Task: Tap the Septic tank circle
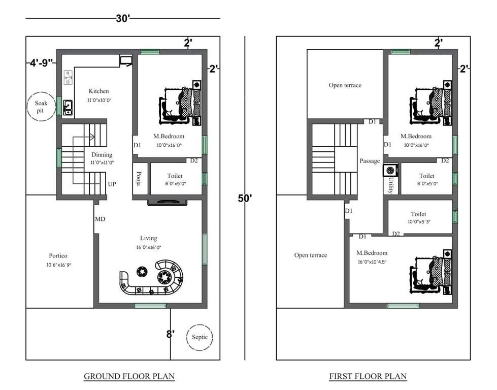200,337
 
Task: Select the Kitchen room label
98,91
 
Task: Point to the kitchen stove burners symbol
68,78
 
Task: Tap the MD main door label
100,219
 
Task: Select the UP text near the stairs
112,184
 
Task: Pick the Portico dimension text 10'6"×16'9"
58,265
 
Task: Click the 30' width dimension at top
123,19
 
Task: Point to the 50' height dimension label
245,198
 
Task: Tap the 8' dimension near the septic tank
171,334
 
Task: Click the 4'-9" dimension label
41,64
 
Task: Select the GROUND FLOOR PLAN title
129,376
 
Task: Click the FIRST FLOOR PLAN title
368,376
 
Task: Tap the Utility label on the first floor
390,185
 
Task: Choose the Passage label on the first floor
370,161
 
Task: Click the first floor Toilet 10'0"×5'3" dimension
418,222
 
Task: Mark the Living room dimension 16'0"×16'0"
149,247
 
